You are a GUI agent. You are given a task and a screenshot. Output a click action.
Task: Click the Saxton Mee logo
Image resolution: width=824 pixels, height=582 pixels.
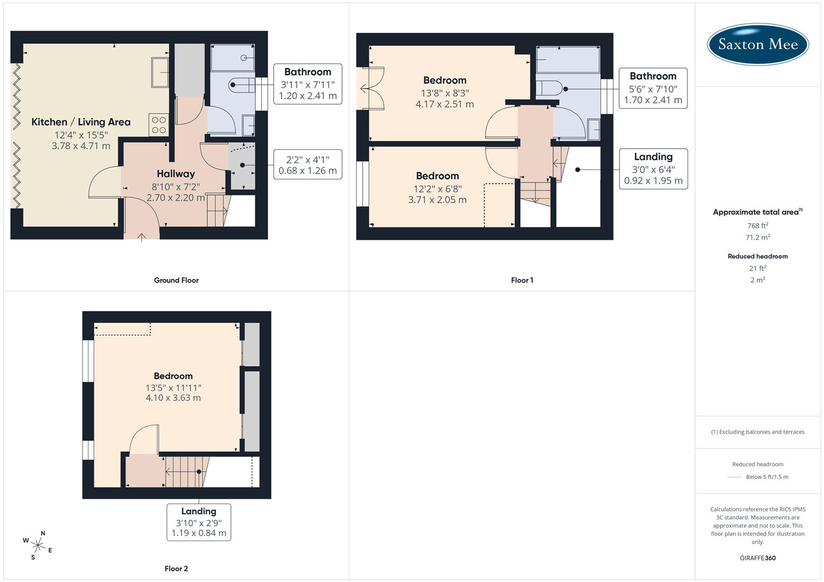758,44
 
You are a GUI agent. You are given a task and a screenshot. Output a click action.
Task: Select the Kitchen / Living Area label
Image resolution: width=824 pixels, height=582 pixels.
81,122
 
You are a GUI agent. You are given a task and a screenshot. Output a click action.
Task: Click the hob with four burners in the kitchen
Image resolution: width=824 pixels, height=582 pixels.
159,125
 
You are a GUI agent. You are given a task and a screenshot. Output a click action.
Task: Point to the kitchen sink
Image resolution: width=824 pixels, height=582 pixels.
160,72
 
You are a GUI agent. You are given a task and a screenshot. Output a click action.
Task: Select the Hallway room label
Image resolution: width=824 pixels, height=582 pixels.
175,174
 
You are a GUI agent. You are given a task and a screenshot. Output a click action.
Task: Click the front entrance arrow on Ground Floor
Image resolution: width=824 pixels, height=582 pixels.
142,236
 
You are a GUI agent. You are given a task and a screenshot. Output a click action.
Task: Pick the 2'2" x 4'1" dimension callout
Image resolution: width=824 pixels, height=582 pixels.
308,165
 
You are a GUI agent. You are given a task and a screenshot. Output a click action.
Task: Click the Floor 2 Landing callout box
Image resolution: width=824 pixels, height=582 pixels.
199,522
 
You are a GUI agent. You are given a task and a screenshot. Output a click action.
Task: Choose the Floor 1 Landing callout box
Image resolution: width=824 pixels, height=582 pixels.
653,169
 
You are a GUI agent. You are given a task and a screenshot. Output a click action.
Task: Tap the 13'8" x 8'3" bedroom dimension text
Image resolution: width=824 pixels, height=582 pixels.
445,93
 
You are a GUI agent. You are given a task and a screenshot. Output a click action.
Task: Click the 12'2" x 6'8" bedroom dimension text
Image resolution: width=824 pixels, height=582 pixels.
437,189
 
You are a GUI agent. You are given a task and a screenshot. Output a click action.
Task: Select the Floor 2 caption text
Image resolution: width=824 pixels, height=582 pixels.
176,569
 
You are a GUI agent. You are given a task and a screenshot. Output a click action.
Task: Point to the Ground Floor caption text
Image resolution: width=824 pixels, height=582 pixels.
176,280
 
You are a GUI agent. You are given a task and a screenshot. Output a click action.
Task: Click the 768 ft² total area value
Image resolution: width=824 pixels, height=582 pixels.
758,226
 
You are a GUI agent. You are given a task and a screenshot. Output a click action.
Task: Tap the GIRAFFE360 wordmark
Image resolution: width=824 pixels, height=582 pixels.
758,558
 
